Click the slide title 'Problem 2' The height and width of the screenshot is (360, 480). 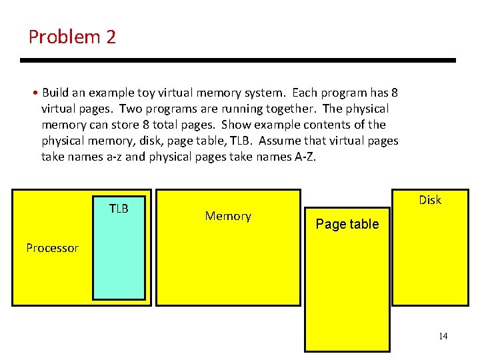(x=72, y=37)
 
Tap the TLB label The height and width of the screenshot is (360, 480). (x=119, y=209)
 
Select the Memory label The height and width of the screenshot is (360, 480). (x=228, y=216)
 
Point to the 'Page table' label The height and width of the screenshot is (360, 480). (x=347, y=224)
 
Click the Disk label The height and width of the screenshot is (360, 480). (x=430, y=200)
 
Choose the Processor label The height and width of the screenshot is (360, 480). (x=52, y=248)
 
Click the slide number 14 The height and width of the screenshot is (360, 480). (x=443, y=336)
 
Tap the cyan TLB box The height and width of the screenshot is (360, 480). (x=119, y=260)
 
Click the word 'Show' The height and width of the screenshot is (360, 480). (x=236, y=125)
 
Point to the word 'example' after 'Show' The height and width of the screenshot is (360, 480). (x=278, y=125)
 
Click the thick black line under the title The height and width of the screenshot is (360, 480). (x=237, y=60)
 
